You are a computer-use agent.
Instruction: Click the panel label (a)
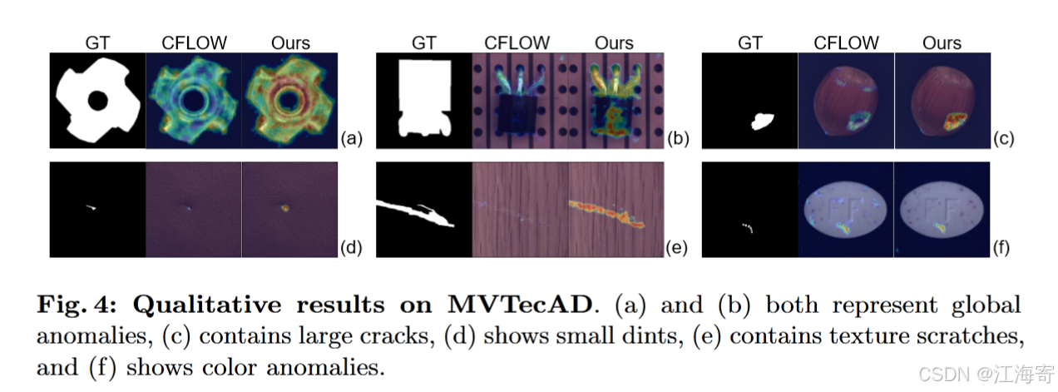tap(352, 139)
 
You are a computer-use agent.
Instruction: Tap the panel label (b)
tap(678, 139)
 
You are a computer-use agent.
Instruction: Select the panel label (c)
tap(1005, 139)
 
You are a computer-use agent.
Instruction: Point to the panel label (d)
tap(352, 247)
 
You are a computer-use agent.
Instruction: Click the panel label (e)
tap(678, 247)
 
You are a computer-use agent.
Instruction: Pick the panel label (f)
tap(1004, 247)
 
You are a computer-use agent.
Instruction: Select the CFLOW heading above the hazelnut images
tap(846, 42)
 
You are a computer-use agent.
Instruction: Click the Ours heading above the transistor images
tap(615, 42)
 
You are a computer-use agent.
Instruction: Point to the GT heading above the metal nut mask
tap(97, 42)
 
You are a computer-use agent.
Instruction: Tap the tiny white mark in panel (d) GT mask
tap(91, 206)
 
